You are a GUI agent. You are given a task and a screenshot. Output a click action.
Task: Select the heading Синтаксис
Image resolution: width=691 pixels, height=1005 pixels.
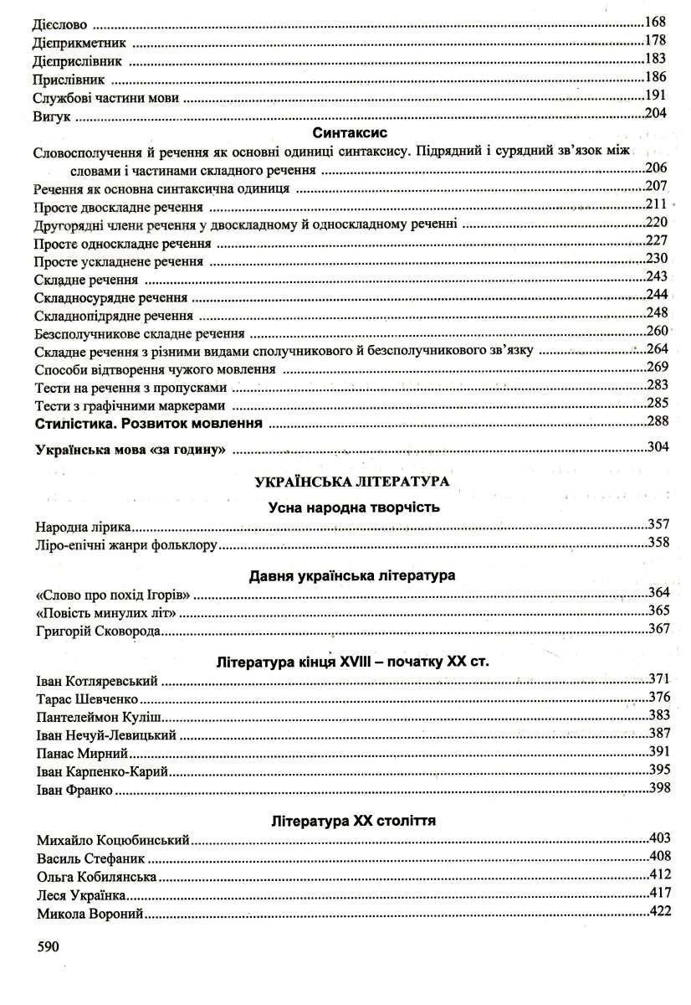pyautogui.click(x=345, y=132)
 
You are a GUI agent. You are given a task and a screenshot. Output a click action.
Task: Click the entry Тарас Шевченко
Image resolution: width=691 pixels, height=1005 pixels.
pyautogui.click(x=87, y=698)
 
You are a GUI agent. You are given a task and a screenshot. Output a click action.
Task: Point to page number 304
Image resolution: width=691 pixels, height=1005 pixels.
pyautogui.click(x=658, y=447)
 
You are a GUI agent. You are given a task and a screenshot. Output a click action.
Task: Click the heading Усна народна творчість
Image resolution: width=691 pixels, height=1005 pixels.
pyautogui.click(x=354, y=507)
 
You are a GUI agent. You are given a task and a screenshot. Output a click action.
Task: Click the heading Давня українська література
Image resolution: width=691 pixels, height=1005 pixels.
pyautogui.click(x=352, y=576)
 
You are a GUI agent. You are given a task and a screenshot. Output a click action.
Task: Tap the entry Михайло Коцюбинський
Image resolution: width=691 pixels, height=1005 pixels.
pyautogui.click(x=115, y=839)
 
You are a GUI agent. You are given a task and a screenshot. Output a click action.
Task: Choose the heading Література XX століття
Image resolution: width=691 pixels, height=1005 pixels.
pyautogui.click(x=353, y=820)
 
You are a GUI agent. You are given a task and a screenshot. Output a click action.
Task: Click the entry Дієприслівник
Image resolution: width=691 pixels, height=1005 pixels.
pyautogui.click(x=79, y=60)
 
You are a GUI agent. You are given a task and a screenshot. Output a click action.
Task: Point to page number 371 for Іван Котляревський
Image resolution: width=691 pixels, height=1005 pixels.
pyautogui.click(x=660, y=678)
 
